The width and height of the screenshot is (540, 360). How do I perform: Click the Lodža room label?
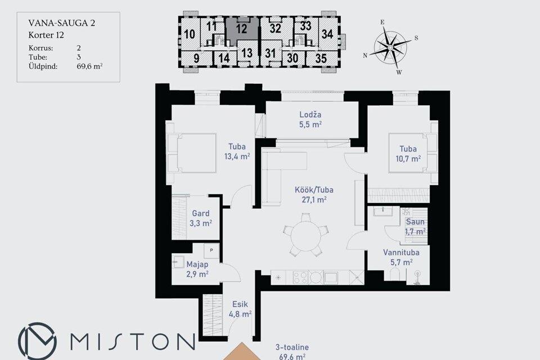click(x=310, y=115)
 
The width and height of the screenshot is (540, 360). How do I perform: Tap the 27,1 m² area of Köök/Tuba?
click(x=314, y=200)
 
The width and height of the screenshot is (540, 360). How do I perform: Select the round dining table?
click(x=305, y=236)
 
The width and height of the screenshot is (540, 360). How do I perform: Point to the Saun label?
click(x=415, y=222)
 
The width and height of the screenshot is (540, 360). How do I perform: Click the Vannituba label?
click(x=401, y=253)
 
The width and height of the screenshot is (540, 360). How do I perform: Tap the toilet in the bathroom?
click(x=395, y=277)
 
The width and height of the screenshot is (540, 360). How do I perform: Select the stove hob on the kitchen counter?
click(x=300, y=278)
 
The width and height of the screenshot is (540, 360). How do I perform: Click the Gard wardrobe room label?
click(x=200, y=214)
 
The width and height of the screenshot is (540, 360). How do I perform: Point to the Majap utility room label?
click(x=197, y=264)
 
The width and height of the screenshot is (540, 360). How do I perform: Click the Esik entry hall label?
click(x=240, y=304)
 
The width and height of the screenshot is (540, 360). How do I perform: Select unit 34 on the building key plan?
click(x=327, y=34)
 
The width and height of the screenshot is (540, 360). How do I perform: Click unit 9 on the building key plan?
click(x=196, y=58)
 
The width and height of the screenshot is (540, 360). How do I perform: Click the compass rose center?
click(x=390, y=47)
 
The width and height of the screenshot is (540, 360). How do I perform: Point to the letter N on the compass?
click(x=365, y=56)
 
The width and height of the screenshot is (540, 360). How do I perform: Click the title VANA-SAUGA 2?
click(x=62, y=23)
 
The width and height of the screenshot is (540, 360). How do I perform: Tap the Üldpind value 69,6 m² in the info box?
click(x=89, y=66)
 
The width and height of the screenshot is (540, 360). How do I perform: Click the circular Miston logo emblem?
click(x=38, y=341)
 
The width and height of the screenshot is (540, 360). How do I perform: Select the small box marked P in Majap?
click(x=211, y=250)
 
